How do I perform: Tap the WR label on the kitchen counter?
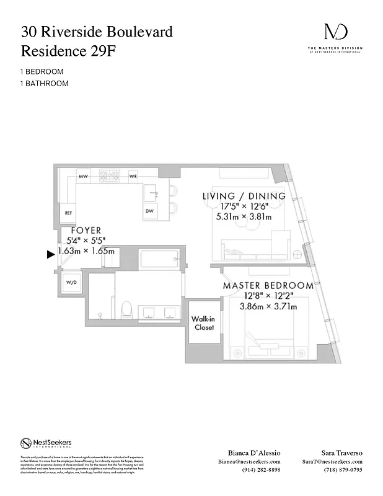pos(133,176)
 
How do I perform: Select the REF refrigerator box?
pos(68,213)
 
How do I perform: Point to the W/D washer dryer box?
pos(71,282)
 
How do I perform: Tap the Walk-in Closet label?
pos(204,322)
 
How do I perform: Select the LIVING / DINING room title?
pos(244,196)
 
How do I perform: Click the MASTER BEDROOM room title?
pos(268,286)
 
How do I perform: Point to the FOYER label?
pos(86,230)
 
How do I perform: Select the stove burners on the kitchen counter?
pos(110,175)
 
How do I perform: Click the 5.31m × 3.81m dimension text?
pos(244,217)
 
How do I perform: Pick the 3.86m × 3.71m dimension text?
pos(267,306)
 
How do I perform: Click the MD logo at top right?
pos(335,32)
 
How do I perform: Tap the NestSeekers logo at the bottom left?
pos(46,443)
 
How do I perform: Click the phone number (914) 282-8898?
pos(261,470)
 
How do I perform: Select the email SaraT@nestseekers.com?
pos(332,462)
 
